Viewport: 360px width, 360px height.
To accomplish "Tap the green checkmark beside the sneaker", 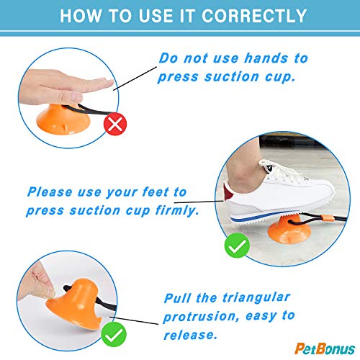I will (238, 247).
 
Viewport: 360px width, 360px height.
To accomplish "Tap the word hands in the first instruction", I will (259, 58).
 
